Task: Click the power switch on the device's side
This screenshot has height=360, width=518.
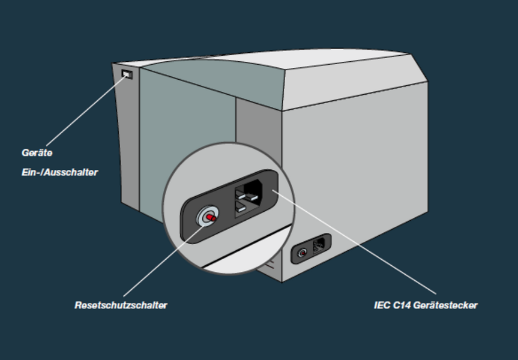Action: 127,74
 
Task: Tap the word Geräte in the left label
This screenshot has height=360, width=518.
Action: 37,153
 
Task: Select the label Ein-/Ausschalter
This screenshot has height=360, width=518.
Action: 59,173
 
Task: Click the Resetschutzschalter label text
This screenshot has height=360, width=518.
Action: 121,305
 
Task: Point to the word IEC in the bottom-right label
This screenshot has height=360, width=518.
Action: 382,305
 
